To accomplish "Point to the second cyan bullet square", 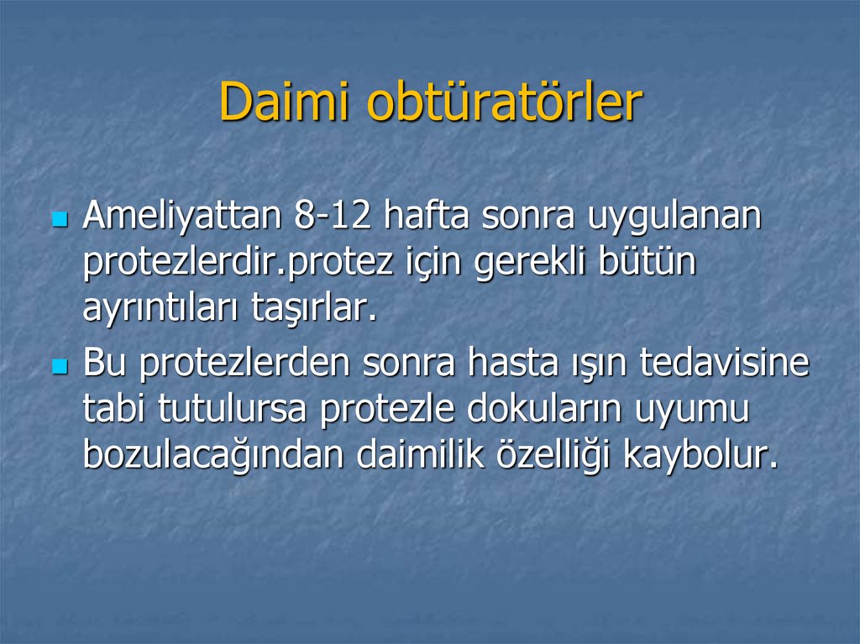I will tap(59, 367).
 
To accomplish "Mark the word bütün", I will tap(648, 263).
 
